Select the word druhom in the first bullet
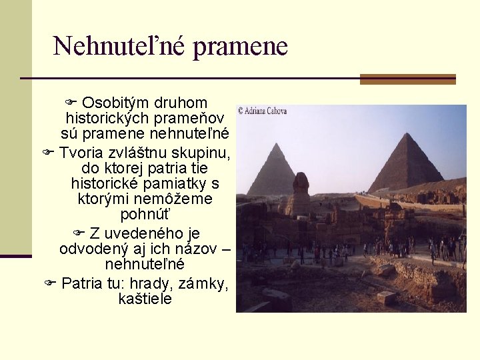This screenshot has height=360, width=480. point(181,103)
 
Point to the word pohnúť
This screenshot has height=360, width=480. point(145,215)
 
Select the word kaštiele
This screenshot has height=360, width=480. point(145,299)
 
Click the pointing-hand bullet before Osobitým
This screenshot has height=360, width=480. point(71,103)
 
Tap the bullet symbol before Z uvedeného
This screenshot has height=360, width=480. point(79,233)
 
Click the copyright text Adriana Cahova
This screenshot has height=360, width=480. point(262,111)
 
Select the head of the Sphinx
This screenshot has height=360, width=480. point(301,181)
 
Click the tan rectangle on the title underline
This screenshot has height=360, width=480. point(407,79)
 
